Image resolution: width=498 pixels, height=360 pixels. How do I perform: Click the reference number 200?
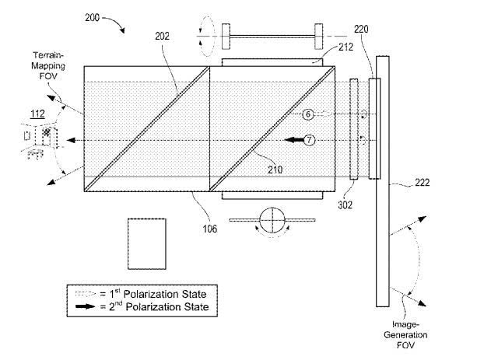[x=92, y=17]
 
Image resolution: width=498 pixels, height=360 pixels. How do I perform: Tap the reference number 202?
[x=162, y=37]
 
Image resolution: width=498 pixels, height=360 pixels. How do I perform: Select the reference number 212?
[x=345, y=47]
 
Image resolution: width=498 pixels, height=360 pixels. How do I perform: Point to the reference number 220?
[x=361, y=30]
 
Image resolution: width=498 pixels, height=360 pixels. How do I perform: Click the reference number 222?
[x=423, y=182]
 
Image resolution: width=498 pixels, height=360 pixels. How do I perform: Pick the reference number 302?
[x=345, y=205]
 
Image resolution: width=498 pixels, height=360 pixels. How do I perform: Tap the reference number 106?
[x=210, y=229]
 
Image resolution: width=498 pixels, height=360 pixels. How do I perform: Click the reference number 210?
[x=275, y=170]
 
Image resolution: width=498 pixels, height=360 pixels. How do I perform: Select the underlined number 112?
[x=37, y=114]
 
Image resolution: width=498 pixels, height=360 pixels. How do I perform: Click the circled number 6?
[x=308, y=114]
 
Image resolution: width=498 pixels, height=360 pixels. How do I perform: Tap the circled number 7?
[x=309, y=140]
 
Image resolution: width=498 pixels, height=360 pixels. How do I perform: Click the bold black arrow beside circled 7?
[x=294, y=140]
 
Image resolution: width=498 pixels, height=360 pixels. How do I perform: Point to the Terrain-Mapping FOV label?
[x=48, y=66]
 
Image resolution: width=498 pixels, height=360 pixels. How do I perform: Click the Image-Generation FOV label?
[x=405, y=334]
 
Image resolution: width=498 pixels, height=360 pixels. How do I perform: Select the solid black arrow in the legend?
[x=85, y=306]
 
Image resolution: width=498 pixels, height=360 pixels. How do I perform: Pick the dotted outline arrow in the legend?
[x=85, y=294]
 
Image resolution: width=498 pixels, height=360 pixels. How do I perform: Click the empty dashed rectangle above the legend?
[x=147, y=244]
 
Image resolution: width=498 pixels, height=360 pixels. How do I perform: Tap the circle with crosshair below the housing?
[x=272, y=220]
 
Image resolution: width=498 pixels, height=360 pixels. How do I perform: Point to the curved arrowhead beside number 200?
[x=121, y=30]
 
